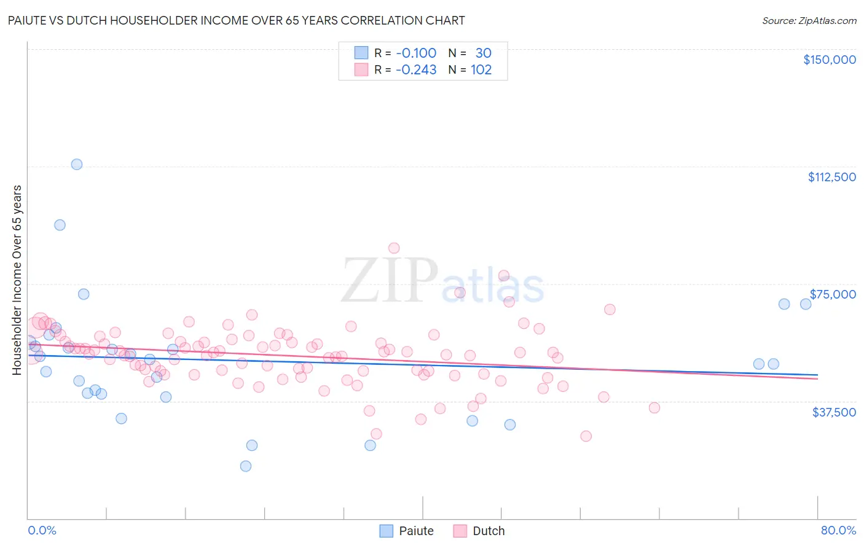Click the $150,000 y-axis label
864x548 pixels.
pyautogui.click(x=829, y=60)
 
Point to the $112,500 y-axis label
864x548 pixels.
pyautogui.click(x=831, y=177)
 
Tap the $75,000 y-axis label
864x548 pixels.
pyautogui.click(x=832, y=294)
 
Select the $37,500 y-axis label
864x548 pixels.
pyautogui.click(x=833, y=412)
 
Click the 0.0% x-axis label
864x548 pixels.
pyautogui.click(x=42, y=530)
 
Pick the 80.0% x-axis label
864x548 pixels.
pyautogui.click(x=838, y=530)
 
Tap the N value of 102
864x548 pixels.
pyautogui.click(x=481, y=70)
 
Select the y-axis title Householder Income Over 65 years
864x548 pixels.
pyautogui.click(x=17, y=280)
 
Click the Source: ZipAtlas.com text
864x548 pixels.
pyautogui.click(x=809, y=20)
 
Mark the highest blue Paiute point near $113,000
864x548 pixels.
pyautogui.click(x=77, y=164)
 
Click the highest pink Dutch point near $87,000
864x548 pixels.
pyautogui.click(x=394, y=248)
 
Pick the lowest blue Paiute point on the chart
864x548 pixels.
pyautogui.click(x=246, y=466)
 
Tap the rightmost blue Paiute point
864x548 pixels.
pyautogui.click(x=806, y=304)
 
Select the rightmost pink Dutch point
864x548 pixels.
pyautogui.click(x=654, y=408)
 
